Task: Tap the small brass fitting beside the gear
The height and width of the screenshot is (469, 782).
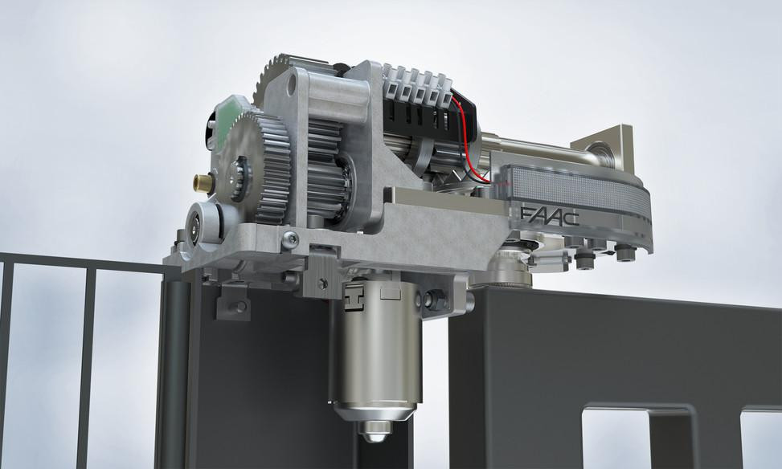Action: [203, 184]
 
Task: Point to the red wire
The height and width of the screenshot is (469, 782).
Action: [466, 139]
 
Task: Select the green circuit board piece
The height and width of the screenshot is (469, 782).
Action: [230, 119]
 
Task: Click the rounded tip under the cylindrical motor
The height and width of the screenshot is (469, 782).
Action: [376, 431]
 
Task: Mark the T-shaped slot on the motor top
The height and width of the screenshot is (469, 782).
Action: [354, 300]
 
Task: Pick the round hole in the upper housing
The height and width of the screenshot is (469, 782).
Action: [291, 92]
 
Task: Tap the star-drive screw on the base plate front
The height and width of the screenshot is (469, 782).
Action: [290, 240]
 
